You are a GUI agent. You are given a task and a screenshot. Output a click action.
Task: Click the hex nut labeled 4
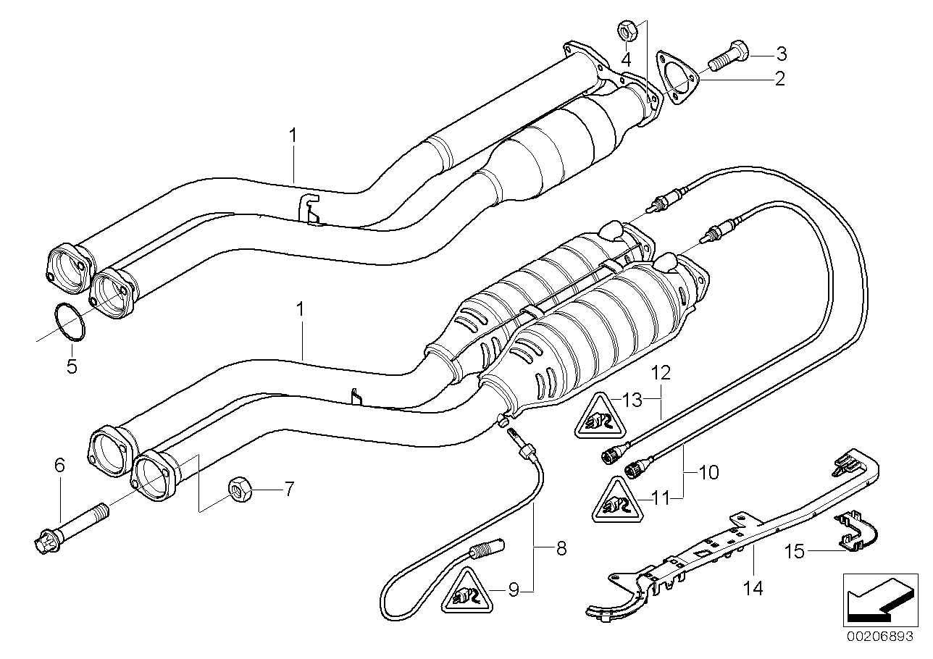coord(627,30)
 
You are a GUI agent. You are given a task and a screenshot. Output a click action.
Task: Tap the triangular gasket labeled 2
coord(675,77)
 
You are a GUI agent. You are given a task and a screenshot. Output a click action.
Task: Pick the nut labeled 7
coord(239,490)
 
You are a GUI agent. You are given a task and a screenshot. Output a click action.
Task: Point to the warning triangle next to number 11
coord(613,500)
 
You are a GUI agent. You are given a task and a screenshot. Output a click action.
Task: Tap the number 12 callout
coord(660,373)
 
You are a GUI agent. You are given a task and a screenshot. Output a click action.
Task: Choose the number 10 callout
coord(708,473)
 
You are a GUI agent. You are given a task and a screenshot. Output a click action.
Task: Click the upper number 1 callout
coord(293,135)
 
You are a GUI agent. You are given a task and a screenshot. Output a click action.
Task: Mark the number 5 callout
coord(71,366)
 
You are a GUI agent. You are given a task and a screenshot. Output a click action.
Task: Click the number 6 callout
coord(60,465)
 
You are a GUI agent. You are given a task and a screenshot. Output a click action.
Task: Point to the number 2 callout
coord(779,78)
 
